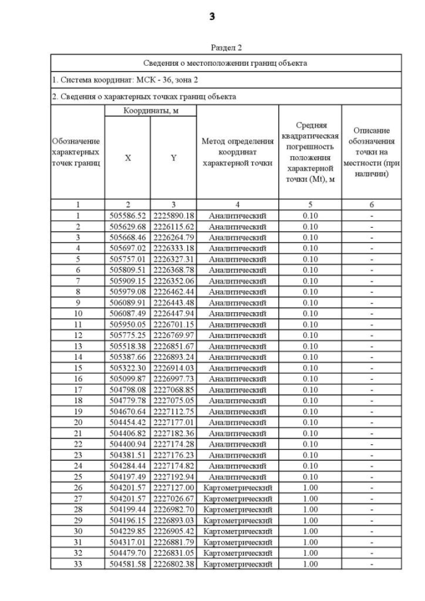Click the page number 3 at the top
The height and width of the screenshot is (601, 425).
[212, 16]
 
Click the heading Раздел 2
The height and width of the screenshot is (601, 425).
[226, 48]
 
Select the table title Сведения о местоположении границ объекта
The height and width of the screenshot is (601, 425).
[226, 63]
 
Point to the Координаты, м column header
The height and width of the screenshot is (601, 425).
[150, 110]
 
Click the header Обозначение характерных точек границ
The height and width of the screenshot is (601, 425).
[77, 152]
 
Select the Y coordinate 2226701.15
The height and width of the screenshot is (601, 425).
[173, 325]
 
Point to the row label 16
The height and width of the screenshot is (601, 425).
[77, 379]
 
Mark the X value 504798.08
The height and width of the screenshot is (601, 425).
[127, 390]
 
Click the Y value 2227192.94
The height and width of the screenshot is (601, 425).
[173, 477]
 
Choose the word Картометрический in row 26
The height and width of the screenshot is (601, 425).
[237, 487]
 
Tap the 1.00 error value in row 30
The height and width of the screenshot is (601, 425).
[309, 531]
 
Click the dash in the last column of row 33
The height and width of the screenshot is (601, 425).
[371, 564]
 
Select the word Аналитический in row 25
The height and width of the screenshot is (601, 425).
[237, 477]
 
